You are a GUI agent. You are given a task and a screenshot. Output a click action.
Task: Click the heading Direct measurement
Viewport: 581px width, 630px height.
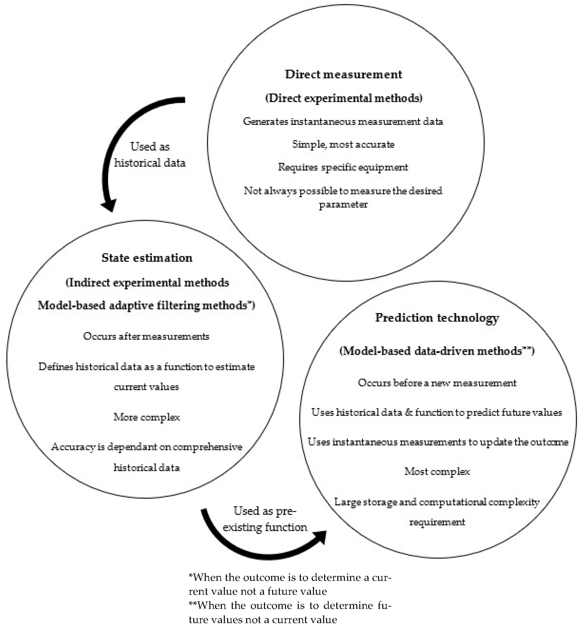click(x=343, y=74)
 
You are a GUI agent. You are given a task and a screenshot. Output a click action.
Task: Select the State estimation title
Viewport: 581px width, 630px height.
click(x=147, y=258)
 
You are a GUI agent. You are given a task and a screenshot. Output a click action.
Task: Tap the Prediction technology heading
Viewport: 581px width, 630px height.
click(x=437, y=318)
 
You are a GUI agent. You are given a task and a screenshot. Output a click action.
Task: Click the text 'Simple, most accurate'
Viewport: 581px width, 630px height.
click(x=343, y=144)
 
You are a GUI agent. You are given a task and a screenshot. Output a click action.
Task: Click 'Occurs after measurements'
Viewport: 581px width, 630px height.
click(x=146, y=336)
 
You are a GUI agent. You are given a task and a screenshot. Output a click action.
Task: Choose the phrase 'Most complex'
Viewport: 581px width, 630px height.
click(x=437, y=471)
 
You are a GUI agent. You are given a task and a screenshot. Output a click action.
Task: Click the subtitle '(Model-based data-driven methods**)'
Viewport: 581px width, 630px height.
click(x=437, y=351)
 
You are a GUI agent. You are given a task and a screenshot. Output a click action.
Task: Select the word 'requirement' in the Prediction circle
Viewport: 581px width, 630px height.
click(x=437, y=522)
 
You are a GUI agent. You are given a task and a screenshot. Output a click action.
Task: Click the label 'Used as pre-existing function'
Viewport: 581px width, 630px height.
click(x=265, y=519)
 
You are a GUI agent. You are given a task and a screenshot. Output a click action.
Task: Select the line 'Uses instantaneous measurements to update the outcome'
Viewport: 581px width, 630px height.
click(x=438, y=442)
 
